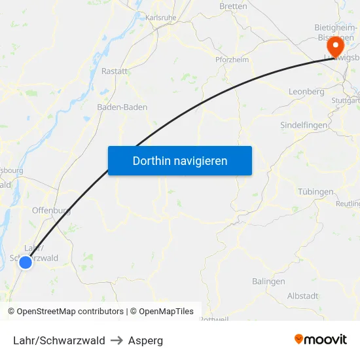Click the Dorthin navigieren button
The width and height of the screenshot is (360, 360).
179,160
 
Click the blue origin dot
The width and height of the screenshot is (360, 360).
26,262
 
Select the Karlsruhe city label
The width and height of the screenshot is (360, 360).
162,18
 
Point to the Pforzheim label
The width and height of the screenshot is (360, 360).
232,60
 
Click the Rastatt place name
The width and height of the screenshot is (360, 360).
115,71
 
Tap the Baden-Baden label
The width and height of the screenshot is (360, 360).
122,107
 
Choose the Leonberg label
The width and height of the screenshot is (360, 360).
306,92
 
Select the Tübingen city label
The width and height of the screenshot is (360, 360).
315,192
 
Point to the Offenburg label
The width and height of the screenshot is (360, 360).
51,211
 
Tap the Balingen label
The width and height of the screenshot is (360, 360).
268,281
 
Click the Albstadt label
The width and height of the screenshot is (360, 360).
302,296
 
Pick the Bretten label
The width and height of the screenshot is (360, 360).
234,7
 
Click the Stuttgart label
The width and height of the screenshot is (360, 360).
346,101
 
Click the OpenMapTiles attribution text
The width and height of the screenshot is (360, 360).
166,312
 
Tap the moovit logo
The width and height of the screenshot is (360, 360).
321,340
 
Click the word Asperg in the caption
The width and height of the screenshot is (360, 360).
145,340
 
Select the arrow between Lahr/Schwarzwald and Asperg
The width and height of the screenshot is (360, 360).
117,340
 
